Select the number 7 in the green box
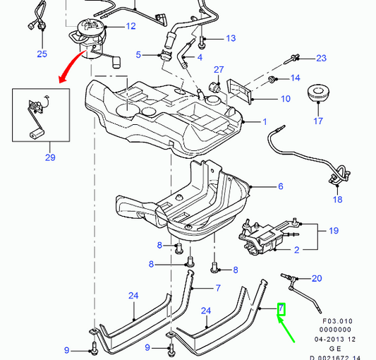click(x=281, y=308)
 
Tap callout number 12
click(x=131, y=27)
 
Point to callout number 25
click(x=42, y=54)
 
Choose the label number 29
click(x=50, y=157)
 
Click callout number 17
click(x=318, y=121)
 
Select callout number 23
click(x=321, y=58)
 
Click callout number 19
click(x=334, y=229)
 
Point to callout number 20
click(x=316, y=278)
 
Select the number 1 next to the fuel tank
click(x=265, y=122)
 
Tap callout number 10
click(x=285, y=99)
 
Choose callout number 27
click(x=219, y=69)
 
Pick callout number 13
click(x=230, y=37)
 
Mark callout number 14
click(x=295, y=78)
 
